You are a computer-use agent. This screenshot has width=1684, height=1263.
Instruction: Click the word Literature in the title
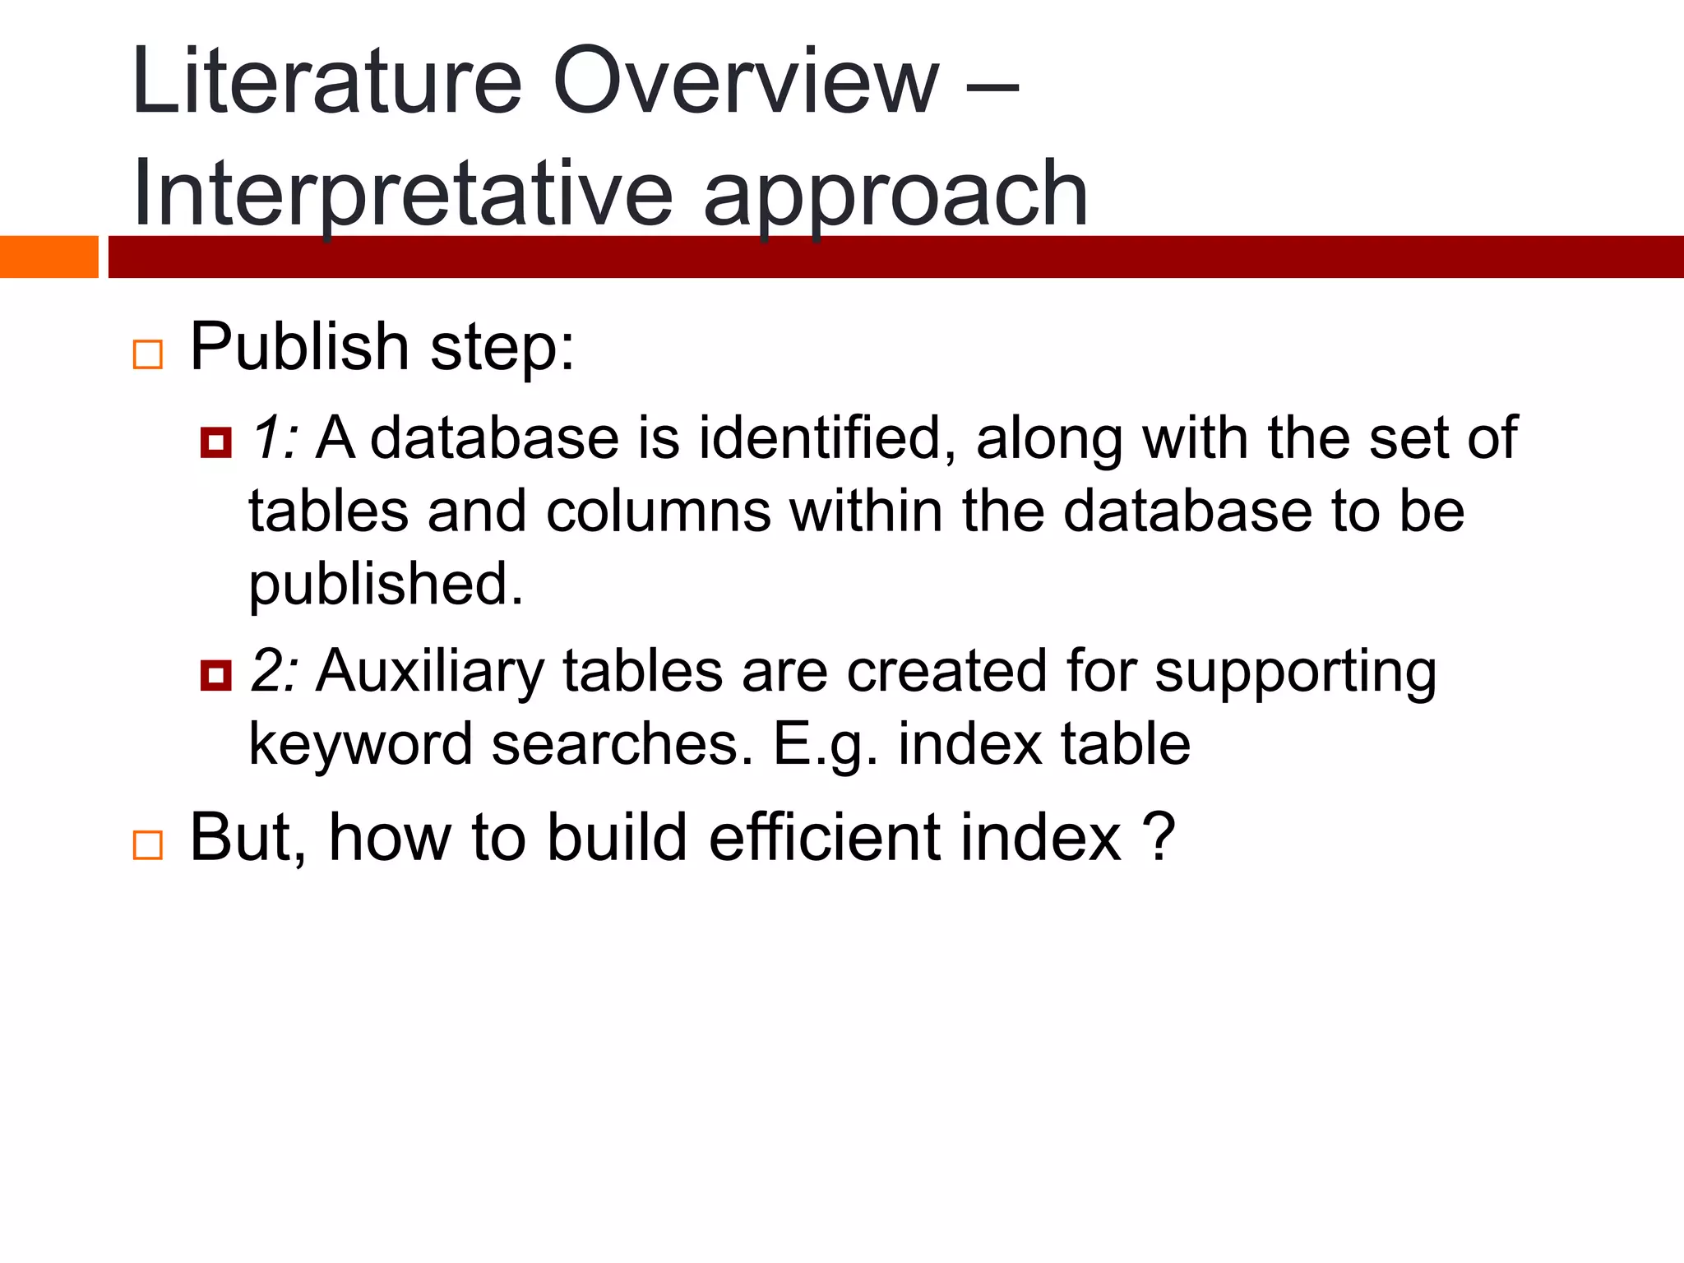pos(326,82)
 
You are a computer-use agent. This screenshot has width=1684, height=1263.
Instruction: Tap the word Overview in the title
pos(745,82)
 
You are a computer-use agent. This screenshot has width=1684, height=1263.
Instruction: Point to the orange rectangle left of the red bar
pos(49,257)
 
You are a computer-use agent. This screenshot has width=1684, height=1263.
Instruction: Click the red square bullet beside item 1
pos(215,442)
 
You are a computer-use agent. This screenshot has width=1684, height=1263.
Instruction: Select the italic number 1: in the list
pos(273,437)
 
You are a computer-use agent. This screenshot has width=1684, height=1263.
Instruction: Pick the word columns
pos(658,511)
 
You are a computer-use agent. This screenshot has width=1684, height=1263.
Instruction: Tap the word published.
pos(386,585)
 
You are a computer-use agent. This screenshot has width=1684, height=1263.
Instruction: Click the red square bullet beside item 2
pos(215,676)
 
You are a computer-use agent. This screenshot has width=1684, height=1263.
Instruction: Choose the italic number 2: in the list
pos(273,671)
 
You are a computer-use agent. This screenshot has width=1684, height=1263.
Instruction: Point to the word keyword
pos(360,745)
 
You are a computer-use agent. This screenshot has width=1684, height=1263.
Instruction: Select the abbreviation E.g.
pos(825,745)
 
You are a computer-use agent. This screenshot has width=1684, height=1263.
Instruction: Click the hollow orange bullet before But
pos(148,844)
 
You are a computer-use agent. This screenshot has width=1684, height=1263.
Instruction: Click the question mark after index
pos(1159,837)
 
